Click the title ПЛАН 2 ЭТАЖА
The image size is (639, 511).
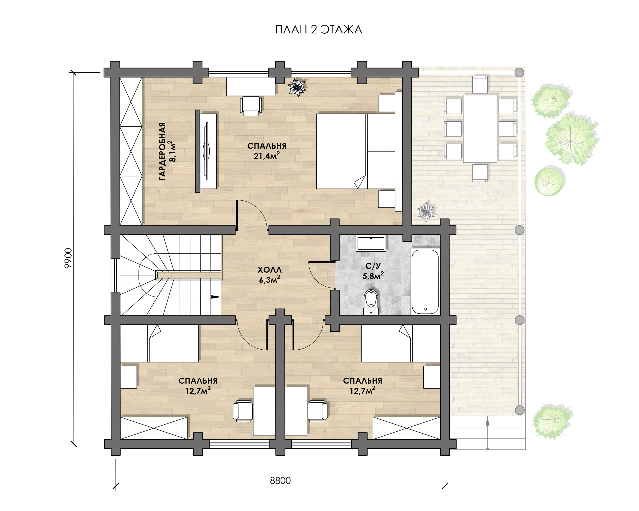319,30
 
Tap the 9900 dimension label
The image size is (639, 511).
68,258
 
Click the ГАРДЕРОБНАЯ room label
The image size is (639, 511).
163,151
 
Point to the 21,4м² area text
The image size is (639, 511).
267,155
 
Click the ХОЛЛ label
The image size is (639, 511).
269,270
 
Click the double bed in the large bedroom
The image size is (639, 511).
356,151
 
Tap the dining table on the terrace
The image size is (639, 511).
480,129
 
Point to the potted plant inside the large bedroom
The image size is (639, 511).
297,87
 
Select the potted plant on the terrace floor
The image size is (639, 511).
426,211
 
